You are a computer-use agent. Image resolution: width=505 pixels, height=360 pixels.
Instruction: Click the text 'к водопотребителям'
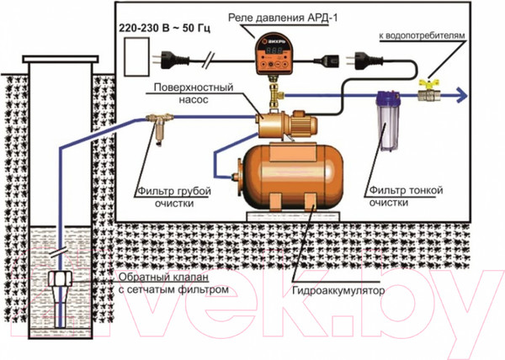(421, 38)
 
